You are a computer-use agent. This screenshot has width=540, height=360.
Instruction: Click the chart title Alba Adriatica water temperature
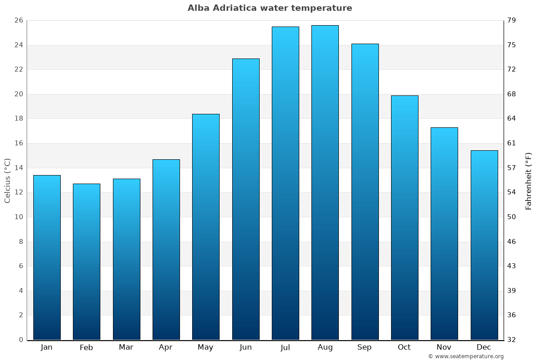[270, 8]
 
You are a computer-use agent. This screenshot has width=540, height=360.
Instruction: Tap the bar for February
[86, 261]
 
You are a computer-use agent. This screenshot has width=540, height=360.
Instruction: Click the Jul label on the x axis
[285, 347]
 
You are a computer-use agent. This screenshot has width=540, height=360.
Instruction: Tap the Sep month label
[364, 347]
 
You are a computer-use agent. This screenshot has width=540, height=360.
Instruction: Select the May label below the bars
[206, 347]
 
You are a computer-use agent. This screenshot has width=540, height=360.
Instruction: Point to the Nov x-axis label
[444, 347]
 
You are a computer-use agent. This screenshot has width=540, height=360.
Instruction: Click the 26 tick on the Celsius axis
[18, 21]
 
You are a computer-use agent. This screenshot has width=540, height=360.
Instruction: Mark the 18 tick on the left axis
[18, 119]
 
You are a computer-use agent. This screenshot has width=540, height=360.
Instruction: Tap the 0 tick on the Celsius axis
[21, 340]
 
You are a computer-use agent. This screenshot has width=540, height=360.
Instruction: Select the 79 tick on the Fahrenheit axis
[512, 21]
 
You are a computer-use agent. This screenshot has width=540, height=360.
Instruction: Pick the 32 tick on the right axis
[512, 340]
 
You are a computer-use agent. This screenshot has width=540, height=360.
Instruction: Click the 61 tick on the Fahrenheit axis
[512, 144]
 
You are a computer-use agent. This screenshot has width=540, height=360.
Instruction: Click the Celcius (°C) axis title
[8, 180]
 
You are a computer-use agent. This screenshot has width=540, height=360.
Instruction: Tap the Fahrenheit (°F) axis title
[529, 180]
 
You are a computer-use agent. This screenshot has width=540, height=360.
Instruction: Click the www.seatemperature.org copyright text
[466, 356]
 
